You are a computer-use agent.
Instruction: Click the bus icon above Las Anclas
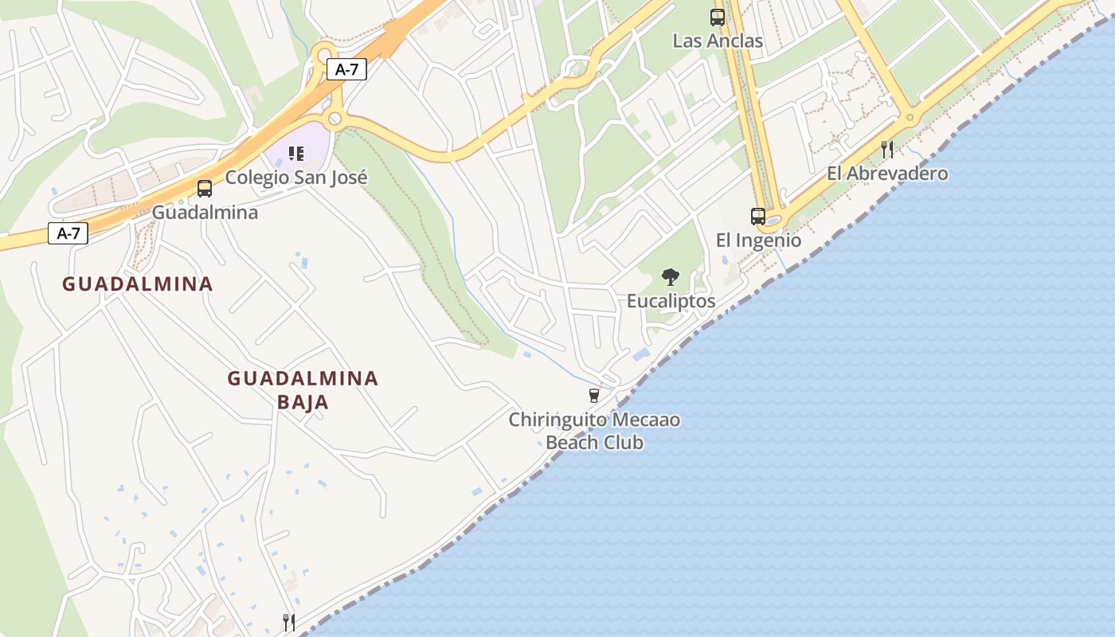(718, 17)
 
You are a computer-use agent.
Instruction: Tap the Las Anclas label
(718, 41)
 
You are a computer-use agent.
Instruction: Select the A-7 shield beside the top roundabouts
(346, 69)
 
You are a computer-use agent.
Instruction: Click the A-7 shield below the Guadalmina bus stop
(68, 233)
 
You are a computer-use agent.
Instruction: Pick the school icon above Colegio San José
(296, 153)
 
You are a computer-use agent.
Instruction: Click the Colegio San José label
(296, 177)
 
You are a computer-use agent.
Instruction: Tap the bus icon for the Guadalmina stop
(205, 189)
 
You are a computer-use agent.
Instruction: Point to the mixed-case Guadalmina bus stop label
(205, 213)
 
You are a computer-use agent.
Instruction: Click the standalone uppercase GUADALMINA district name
(138, 284)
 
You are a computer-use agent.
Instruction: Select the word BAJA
(303, 402)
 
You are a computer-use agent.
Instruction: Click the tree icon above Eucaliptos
(671, 277)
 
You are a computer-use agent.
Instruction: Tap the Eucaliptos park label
(671, 301)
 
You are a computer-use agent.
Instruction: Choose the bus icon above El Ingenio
(758, 216)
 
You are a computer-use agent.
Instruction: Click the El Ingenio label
(758, 240)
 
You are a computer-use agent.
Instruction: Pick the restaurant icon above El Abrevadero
(887, 149)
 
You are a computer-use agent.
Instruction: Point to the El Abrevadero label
(887, 174)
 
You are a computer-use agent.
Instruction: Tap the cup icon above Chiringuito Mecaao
(593, 395)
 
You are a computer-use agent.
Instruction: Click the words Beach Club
(594, 443)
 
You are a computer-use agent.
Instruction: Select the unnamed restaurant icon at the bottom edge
(289, 622)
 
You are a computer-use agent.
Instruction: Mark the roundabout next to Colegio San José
(334, 120)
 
